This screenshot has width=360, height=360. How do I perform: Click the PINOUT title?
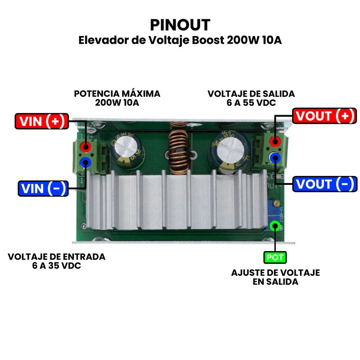tap(180, 25)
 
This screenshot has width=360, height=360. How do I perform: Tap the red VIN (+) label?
tap(41, 121)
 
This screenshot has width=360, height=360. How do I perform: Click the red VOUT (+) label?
tap(323, 116)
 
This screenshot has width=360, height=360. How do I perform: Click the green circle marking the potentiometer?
tap(274, 226)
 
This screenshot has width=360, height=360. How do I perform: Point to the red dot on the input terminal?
tap(85, 146)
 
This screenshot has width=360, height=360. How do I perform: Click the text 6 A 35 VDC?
tap(57, 266)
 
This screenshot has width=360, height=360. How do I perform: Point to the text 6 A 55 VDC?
tap(251, 103)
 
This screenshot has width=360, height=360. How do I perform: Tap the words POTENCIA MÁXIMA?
tap(117, 94)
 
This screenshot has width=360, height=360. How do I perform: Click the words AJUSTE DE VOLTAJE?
tap(275, 273)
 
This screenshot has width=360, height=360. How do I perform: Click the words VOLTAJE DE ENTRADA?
tap(57, 257)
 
